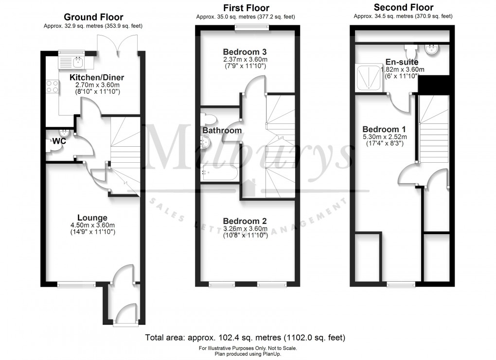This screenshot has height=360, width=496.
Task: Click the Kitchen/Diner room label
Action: point(97,77)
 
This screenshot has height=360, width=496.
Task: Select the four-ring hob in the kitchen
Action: point(52,86)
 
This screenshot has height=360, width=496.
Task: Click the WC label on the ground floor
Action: point(59,141)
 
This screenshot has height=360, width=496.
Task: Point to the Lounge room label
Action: point(92,217)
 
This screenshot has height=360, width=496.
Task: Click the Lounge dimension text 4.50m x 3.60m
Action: point(92,225)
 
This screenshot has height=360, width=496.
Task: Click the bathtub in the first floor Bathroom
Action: point(219,173)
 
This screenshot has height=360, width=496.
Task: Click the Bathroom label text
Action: point(222,131)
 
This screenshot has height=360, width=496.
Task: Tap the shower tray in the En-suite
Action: point(370,78)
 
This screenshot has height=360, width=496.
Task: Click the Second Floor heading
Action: point(403,7)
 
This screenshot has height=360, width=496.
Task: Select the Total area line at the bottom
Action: point(245,337)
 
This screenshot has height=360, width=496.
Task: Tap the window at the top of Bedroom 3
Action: point(251,28)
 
